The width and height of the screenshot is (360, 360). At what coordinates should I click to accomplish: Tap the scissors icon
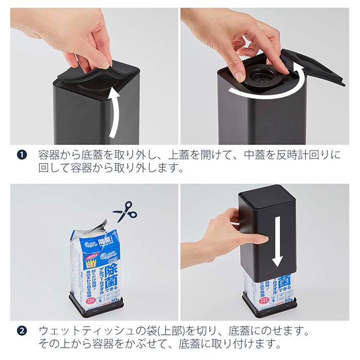click(124, 211)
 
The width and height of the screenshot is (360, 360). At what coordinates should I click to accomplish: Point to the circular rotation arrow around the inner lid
click(267, 90)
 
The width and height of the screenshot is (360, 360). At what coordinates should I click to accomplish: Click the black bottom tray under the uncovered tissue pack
click(98, 309)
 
